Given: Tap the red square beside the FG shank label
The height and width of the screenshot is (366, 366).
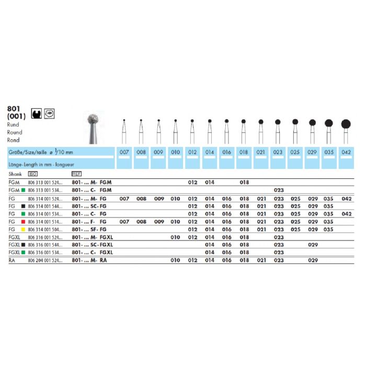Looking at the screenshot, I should pos(24,221).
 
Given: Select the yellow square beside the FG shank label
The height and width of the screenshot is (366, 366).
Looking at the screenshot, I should pos(24,229).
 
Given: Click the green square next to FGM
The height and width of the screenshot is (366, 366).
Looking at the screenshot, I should pos(24,190).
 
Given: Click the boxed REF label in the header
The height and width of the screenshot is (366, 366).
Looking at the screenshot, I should pos(76,173).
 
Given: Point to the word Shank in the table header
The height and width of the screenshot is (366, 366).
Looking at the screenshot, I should pos(15,173).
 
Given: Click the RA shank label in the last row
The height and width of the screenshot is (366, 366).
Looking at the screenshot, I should pos(13,260).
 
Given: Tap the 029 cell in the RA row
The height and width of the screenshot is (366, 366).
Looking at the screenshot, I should pos(312,260).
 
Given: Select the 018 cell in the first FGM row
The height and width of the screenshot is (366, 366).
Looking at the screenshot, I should pos(244,182).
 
